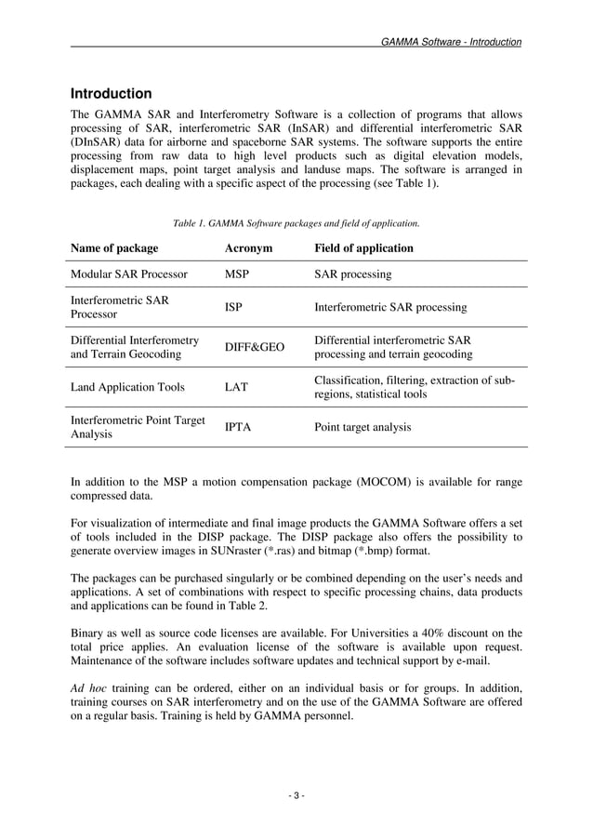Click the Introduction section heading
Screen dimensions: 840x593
[x=112, y=94]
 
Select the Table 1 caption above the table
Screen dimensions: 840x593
[x=296, y=223]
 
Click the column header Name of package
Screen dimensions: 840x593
[x=114, y=248]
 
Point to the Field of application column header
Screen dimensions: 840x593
[x=363, y=248]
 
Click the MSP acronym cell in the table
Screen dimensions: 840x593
[x=239, y=274]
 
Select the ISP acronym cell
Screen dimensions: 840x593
[x=234, y=307]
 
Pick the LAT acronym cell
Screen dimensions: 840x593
[x=236, y=387]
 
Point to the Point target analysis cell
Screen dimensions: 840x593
[x=362, y=428]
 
